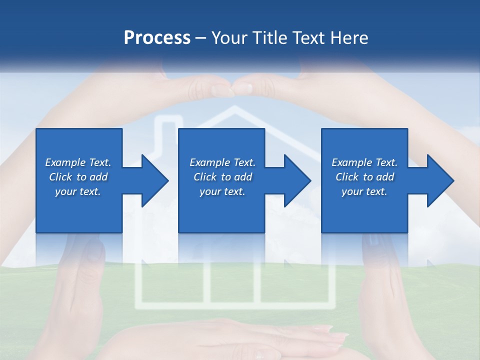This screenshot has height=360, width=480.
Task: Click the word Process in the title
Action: click(157, 38)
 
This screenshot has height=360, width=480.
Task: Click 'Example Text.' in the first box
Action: click(78, 162)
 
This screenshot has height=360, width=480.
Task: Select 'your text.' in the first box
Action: click(78, 191)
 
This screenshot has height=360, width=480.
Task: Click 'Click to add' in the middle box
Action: click(222, 177)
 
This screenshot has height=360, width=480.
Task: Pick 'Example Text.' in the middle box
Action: click(222, 162)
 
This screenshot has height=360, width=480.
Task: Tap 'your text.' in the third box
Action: click(364, 191)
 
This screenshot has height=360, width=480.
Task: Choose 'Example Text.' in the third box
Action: click(364, 162)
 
